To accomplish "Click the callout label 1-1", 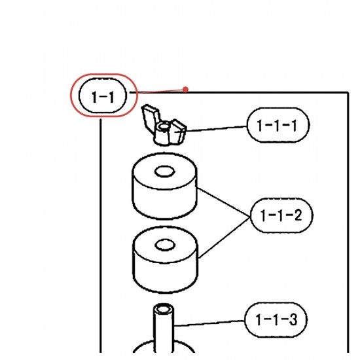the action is (103, 96).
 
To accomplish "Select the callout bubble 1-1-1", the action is (278, 125).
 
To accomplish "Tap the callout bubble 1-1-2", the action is (281, 215).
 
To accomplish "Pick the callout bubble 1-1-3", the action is (276, 319).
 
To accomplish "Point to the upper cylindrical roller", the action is (164, 186).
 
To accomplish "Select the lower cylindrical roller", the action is (165, 259).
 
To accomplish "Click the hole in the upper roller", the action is (164, 171).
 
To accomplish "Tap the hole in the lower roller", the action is (165, 245).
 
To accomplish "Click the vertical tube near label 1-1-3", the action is (163, 328).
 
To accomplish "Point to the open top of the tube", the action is (163, 309).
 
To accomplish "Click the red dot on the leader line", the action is (185, 89).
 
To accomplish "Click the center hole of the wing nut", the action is (164, 126).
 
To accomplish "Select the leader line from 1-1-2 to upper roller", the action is (224, 202).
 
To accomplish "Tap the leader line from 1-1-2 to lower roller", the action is (225, 238).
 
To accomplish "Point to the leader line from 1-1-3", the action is (209, 323).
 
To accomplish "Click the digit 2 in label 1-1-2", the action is (298, 215).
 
